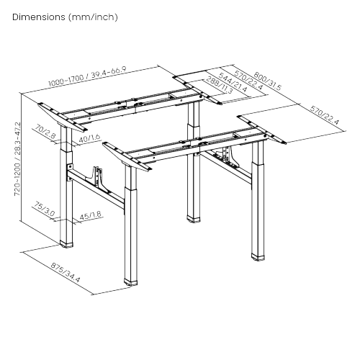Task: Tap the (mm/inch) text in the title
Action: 93,16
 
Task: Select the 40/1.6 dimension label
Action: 91,138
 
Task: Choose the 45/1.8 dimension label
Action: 89,215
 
